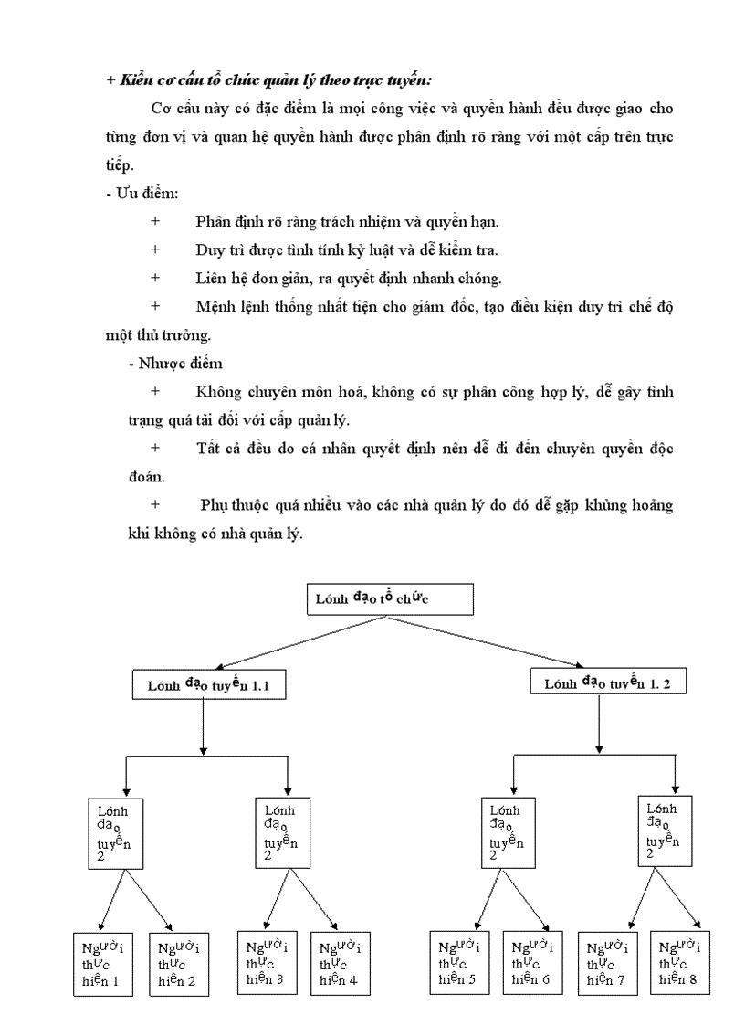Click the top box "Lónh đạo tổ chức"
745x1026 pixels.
coord(390,599)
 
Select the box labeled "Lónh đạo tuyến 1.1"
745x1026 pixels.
coord(209,683)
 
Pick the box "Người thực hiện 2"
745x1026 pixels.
coord(176,965)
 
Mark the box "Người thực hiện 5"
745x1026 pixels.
coord(458,963)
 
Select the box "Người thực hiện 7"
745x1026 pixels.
coord(606,964)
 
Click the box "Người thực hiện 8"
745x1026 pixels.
coord(680,963)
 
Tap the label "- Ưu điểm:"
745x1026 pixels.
coord(142,194)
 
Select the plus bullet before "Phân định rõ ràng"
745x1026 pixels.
coord(155,221)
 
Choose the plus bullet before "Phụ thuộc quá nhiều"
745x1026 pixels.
coord(155,504)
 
